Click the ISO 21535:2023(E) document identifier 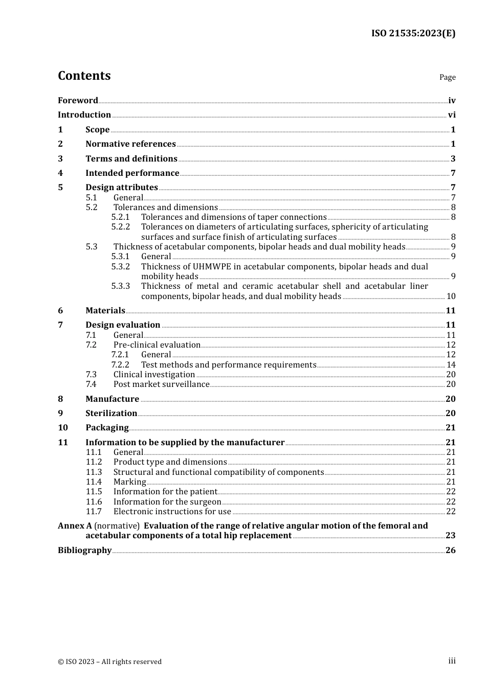pos(413,33)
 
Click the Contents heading pos(84,76)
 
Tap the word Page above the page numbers pos(447,77)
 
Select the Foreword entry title pos(78,100)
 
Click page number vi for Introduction pos(451,115)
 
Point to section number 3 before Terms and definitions pos(60,158)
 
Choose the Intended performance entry pos(132,173)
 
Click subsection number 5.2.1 pos(120,217)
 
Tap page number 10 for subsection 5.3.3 pos(451,296)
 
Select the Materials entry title pos(105,311)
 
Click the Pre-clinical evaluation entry pos(157,345)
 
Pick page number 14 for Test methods pos(451,365)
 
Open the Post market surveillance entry pos(161,384)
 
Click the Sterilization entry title pos(111,414)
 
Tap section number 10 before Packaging pos(62,428)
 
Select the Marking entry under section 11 pos(129,482)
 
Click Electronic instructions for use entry pos(172,512)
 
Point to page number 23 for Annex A pos(450,536)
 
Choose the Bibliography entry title pos(84,551)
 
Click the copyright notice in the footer pos(109,661)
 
